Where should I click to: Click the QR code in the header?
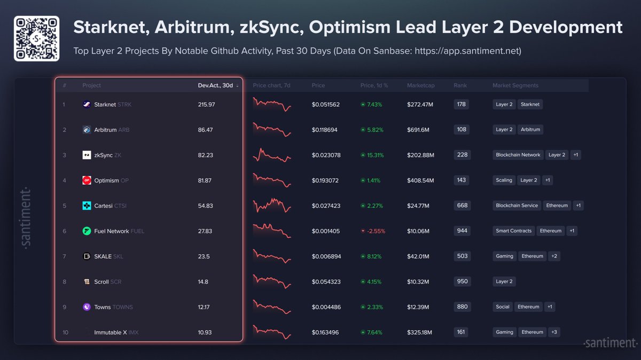pos(36,38)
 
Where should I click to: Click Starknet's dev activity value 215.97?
pos(206,105)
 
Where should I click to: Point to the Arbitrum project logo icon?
pos(87,130)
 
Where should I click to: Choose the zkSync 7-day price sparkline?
pos(272,155)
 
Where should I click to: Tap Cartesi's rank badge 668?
pos(462,206)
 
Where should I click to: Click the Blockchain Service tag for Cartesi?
pos(517,206)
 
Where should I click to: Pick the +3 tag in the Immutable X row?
pos(554,332)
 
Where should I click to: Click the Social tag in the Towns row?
pos(502,307)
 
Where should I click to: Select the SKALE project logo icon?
pos(87,256)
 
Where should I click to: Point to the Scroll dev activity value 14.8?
pos(203,281)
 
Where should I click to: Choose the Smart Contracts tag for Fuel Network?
pos(513,231)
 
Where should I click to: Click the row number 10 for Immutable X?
pos(65,332)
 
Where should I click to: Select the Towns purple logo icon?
pos(87,307)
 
